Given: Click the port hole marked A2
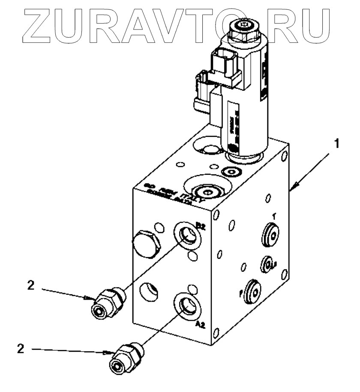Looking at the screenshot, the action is click(187, 305).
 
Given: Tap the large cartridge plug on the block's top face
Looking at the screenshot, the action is click(206, 191).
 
